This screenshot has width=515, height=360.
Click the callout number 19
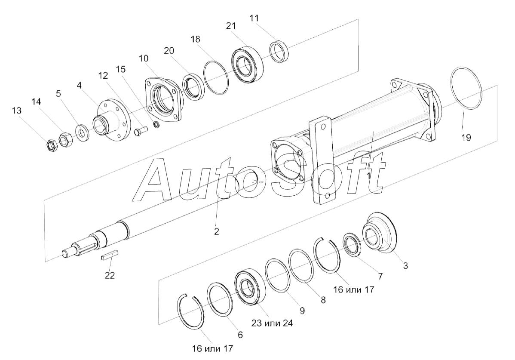pos(466,138)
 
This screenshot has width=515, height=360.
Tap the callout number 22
pos(110,276)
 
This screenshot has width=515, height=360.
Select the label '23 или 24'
pos(272,323)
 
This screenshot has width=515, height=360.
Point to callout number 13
pos(16,111)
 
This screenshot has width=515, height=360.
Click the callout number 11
pos(254,18)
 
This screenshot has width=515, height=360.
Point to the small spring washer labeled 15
pos(157,124)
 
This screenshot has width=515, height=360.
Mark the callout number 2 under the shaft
pos(216,231)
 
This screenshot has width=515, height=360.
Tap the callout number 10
pos(144,58)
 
